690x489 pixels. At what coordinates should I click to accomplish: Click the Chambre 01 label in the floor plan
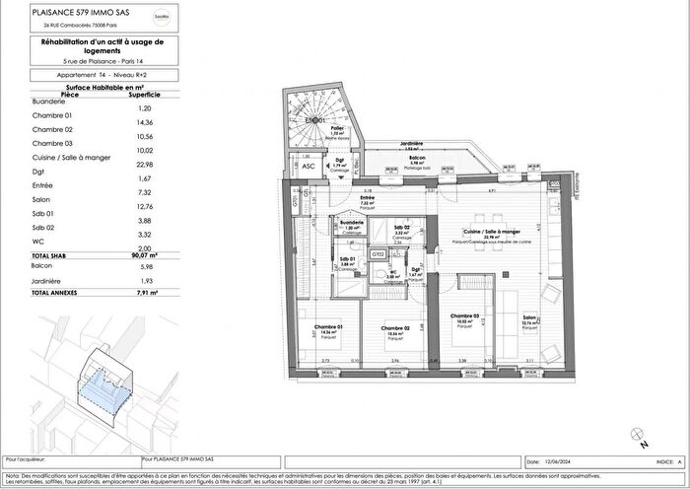tap(327, 328)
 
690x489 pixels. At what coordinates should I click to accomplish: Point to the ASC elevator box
tap(310, 167)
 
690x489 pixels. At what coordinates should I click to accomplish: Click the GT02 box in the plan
tap(378, 253)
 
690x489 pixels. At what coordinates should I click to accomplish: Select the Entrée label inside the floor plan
tap(341, 197)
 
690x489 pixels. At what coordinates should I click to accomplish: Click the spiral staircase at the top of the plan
tap(314, 122)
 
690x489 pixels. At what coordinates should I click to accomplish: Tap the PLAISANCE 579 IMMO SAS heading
tap(71, 12)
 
